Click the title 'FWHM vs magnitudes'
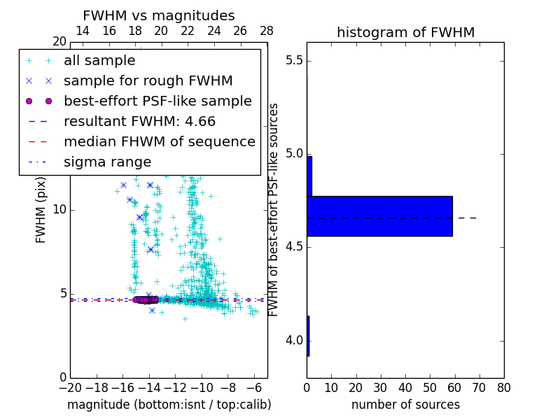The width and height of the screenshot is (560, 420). (159, 15)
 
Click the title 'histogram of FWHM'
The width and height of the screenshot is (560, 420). (405, 32)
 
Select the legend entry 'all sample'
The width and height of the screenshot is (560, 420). (99, 61)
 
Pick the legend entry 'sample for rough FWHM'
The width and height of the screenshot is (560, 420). (148, 81)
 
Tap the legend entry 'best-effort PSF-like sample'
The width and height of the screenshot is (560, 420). (157, 101)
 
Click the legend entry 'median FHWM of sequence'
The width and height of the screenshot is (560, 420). (159, 142)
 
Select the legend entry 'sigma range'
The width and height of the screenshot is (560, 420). (107, 162)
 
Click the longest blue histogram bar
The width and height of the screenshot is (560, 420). (379, 216)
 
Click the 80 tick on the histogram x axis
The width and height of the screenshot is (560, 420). (503, 387)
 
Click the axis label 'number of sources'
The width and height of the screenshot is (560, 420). (405, 405)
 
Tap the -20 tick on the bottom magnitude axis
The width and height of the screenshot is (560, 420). (70, 387)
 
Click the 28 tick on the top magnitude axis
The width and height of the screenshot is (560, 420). (267, 31)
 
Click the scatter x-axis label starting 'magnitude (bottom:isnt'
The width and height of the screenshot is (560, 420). (169, 405)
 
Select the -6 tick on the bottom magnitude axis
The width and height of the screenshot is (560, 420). (255, 387)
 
